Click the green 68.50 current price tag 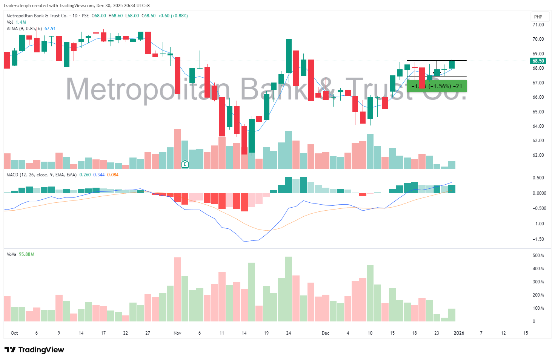(538, 61)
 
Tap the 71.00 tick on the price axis (538, 25)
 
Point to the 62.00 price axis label (538, 155)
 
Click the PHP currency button (538, 17)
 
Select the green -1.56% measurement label (437, 86)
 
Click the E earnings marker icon (185, 164)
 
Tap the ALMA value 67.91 (50, 29)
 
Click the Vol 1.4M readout (17, 22)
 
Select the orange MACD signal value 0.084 (113, 175)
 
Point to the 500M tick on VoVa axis (538, 255)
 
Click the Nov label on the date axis (177, 333)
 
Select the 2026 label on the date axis (459, 333)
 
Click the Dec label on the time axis (325, 333)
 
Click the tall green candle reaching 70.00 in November (289, 56)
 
